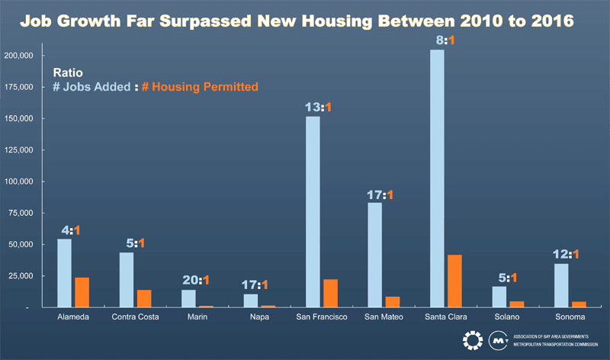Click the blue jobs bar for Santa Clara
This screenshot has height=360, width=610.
(437, 178)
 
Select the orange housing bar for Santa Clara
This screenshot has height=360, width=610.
(454, 281)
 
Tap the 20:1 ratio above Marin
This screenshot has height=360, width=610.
(195, 280)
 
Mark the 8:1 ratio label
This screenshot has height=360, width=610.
(443, 40)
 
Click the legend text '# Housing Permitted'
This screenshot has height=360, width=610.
(200, 88)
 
